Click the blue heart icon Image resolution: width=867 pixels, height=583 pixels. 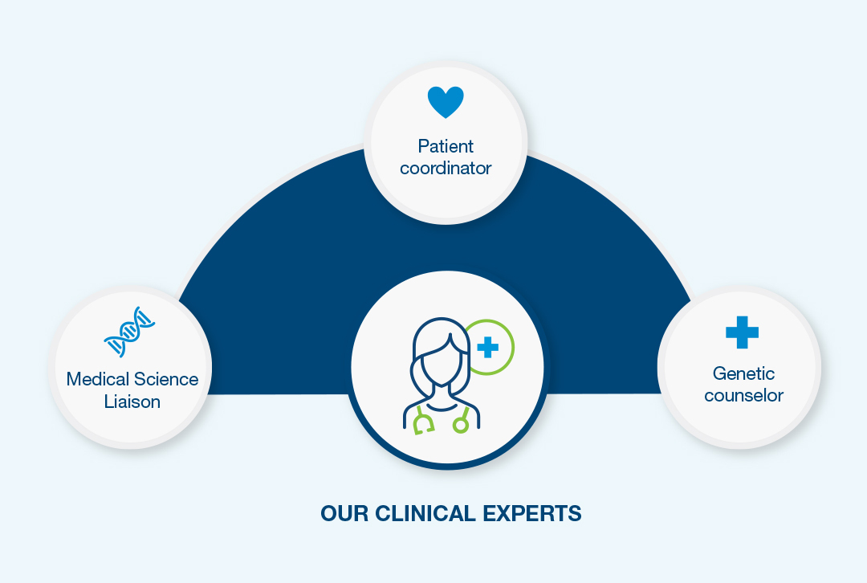point(446,102)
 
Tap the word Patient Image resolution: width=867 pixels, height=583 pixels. point(446,146)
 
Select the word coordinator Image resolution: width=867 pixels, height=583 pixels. point(446,168)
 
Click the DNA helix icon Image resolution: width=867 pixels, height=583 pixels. point(129,332)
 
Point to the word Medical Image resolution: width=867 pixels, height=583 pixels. point(98,379)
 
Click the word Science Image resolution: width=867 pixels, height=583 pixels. point(166,379)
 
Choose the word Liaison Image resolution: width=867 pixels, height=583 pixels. point(132,401)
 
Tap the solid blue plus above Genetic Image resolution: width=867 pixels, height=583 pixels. point(742,332)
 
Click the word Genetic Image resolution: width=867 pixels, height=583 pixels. point(743,373)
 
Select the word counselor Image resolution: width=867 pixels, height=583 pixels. point(743,395)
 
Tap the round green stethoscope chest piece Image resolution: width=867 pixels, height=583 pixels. point(461,424)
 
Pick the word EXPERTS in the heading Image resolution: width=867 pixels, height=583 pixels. point(532,513)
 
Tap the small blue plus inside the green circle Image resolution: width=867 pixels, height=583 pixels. point(488,348)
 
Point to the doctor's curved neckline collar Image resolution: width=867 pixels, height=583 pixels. point(442,407)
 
